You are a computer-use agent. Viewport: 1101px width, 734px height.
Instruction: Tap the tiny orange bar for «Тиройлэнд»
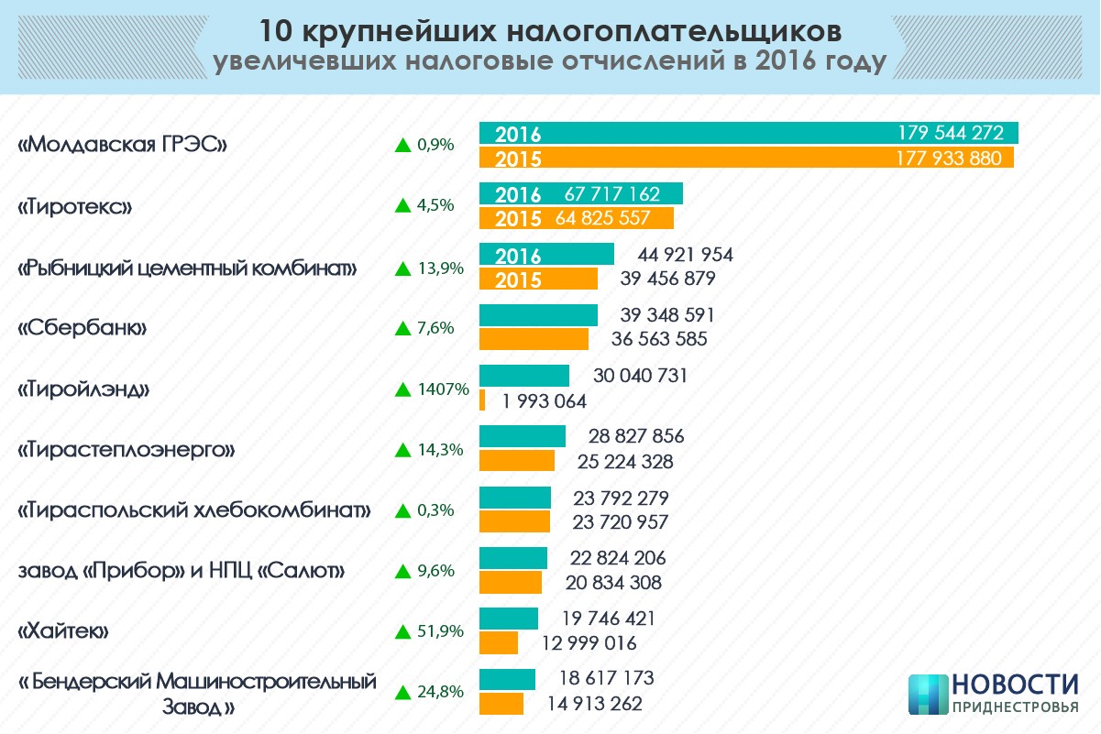tap(482, 400)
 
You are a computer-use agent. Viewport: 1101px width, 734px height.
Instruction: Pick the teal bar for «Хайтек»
tap(508, 619)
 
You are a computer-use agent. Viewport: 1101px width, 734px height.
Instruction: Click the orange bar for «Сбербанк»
tap(534, 339)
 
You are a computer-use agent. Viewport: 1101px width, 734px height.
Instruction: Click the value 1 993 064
tap(544, 401)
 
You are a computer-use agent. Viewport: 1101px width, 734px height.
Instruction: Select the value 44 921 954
tap(679, 255)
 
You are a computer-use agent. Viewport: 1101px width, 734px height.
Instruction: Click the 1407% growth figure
tap(444, 389)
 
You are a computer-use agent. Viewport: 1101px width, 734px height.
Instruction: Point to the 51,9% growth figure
tap(440, 631)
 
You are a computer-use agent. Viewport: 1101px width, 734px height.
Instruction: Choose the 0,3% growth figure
tap(435, 510)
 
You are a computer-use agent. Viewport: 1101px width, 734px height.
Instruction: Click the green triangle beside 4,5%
tap(402, 205)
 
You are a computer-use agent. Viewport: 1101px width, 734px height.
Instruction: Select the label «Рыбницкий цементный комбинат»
tap(187, 268)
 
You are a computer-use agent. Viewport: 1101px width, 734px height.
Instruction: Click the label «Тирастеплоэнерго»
tap(127, 450)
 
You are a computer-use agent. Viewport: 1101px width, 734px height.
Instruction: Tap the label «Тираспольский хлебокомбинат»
tap(194, 510)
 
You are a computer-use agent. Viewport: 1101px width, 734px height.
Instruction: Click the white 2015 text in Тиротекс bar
tap(518, 219)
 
